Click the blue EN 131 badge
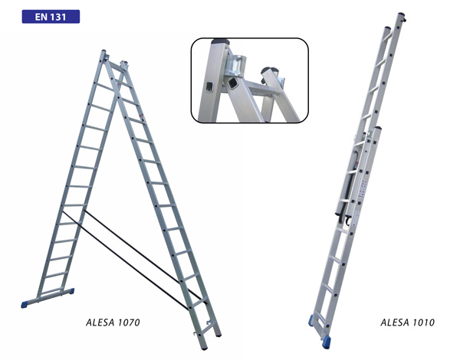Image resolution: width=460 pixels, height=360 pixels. pos(51,17)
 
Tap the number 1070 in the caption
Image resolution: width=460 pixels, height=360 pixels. pos(129,322)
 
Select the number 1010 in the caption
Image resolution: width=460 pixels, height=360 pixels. pos(423,322)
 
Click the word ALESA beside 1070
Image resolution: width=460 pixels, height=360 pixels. pos(100,322)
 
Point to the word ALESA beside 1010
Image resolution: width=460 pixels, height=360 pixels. pos(395,322)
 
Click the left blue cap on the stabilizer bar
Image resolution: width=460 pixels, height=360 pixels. pos(25,305)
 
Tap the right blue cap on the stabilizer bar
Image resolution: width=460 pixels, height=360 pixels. pos(71,291)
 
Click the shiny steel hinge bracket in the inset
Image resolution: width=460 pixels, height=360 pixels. pos(237,65)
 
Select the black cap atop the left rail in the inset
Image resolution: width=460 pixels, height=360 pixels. pos(220,41)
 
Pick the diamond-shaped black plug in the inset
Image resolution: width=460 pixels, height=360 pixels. pos(232,83)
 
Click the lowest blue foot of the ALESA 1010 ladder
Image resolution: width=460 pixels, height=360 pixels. pos(326,342)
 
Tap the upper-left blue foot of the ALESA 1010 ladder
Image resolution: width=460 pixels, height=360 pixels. pos(310,320)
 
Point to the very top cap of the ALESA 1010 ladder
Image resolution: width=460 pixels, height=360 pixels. pos(401,14)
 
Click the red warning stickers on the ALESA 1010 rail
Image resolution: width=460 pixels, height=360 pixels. pos(363,188)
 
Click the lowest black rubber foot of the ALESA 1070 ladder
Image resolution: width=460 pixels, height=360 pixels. pos(205,348)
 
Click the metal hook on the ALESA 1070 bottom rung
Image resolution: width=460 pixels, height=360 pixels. pos(197,333)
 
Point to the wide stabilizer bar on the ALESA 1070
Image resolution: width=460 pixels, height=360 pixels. pos(48,298)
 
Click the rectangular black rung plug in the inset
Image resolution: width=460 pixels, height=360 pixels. pos(209,87)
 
